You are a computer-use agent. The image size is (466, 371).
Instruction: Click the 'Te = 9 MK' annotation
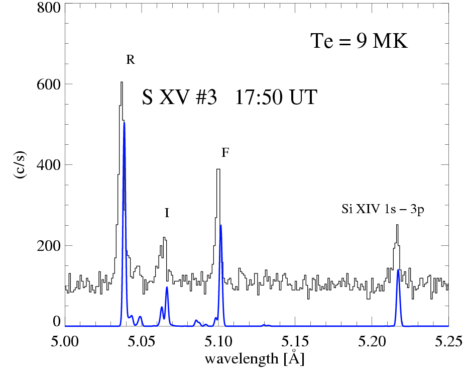click(x=359, y=41)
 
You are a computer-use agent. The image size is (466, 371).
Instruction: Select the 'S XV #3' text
click(x=179, y=98)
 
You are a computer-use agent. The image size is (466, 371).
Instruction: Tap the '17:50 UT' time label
click(x=276, y=98)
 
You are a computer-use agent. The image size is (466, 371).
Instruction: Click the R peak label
click(x=130, y=60)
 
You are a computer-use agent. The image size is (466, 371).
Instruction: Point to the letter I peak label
click(x=167, y=213)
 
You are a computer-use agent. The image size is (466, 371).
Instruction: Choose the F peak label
click(x=225, y=153)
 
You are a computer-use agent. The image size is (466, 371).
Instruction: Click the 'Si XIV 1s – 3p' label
click(x=383, y=210)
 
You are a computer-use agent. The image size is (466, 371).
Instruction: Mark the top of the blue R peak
click(x=124, y=122)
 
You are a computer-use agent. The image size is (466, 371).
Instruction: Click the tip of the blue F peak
click(x=220, y=225)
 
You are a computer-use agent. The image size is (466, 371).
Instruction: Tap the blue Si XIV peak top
click(x=398, y=270)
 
